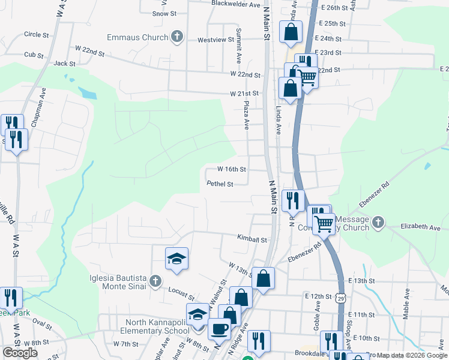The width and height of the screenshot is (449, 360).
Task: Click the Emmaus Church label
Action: (x=137, y=37)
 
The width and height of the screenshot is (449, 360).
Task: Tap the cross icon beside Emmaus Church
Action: (x=176, y=37)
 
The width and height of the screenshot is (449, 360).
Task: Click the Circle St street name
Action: (x=36, y=35)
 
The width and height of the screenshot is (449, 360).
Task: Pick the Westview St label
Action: (x=215, y=40)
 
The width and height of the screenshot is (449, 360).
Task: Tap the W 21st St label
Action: (x=244, y=94)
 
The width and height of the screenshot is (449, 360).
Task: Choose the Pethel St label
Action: (x=220, y=184)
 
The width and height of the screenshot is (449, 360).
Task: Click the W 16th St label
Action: (x=232, y=169)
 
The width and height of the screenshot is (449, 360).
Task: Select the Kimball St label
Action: (x=252, y=239)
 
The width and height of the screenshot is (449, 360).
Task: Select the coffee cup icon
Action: (x=219, y=329)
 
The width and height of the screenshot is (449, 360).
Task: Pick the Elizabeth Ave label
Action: (x=421, y=227)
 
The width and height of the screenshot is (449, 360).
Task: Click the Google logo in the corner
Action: (x=20, y=353)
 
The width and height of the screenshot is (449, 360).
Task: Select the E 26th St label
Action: (x=335, y=8)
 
